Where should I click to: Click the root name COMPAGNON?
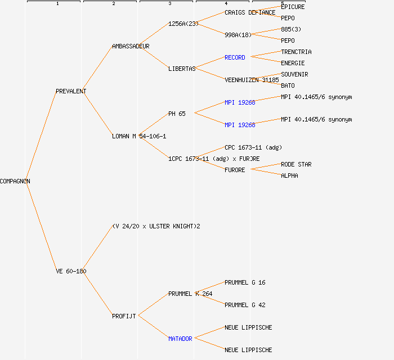[15, 181]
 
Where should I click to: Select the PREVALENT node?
[71, 91]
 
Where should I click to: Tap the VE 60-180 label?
[71, 271]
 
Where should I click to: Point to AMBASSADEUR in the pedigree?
[131, 46]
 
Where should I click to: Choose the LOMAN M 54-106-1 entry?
[139, 136]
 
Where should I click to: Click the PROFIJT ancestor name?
[124, 316]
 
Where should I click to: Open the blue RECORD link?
[235, 57]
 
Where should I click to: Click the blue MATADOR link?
[180, 339]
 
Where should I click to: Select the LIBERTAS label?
[182, 69]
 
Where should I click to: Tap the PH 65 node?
[177, 114]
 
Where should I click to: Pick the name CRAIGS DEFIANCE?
[250, 12]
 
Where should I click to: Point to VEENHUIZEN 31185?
[252, 80]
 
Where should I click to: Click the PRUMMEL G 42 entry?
[245, 305]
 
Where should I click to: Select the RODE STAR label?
[296, 164]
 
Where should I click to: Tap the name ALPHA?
[289, 175]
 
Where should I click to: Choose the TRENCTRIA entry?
[296, 52]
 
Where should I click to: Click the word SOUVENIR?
[294, 74]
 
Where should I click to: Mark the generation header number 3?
[169, 4]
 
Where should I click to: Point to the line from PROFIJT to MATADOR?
[153, 327]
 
